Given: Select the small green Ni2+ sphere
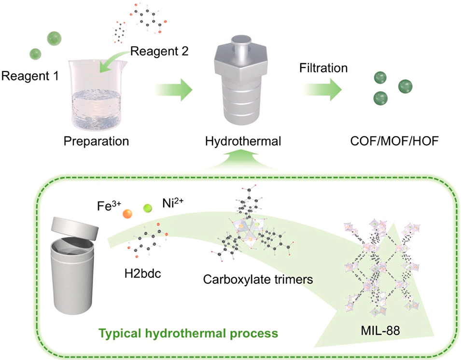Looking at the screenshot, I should [x=148, y=208].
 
